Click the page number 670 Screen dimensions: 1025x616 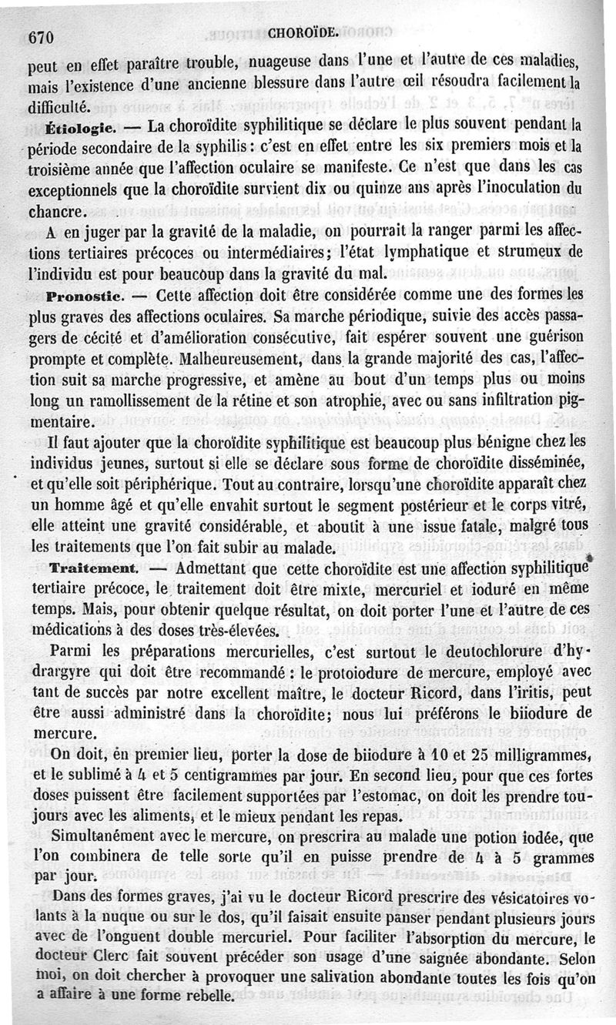40,36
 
